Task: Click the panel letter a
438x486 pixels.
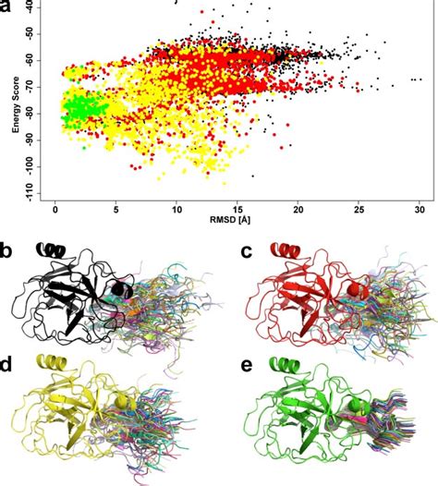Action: pos(8,8)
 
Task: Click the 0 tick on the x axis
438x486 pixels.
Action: pos(56,208)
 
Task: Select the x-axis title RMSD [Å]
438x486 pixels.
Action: pos(238,222)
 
